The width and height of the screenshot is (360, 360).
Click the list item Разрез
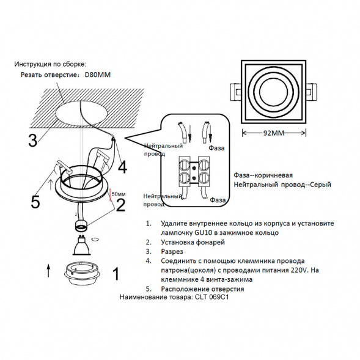click(173, 251)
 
